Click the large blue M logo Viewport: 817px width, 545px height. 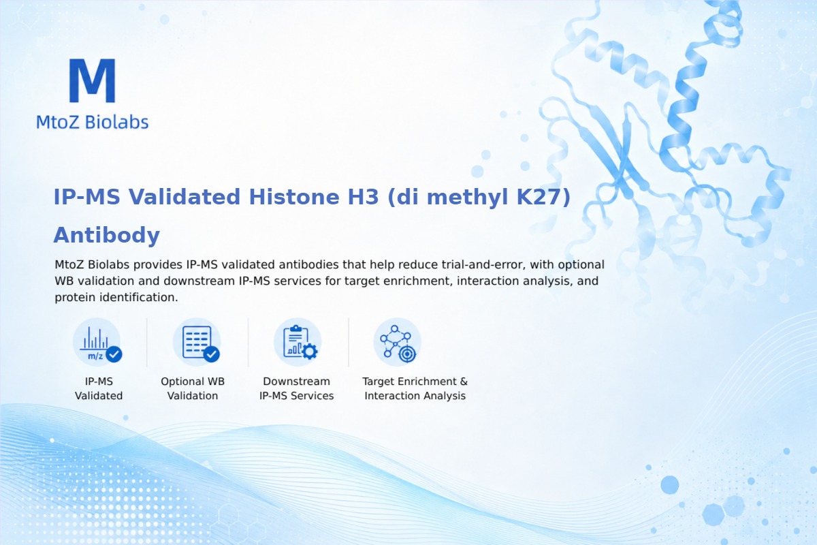(93, 80)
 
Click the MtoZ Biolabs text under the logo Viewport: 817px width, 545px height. (93, 122)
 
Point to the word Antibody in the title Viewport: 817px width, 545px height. (106, 235)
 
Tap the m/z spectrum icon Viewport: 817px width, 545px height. (97, 343)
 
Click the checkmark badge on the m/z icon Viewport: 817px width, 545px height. (114, 354)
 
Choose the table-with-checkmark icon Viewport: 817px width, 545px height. (197, 343)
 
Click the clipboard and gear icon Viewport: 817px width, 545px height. (298, 343)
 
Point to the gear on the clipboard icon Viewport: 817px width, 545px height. (310, 352)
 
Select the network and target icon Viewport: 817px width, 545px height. (397, 343)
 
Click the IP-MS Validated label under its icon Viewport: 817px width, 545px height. (99, 388)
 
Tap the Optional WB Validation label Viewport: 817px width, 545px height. (193, 388)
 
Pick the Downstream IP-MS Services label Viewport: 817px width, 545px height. (297, 388)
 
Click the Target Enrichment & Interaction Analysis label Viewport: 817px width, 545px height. (415, 388)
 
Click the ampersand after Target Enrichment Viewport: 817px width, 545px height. (464, 381)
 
